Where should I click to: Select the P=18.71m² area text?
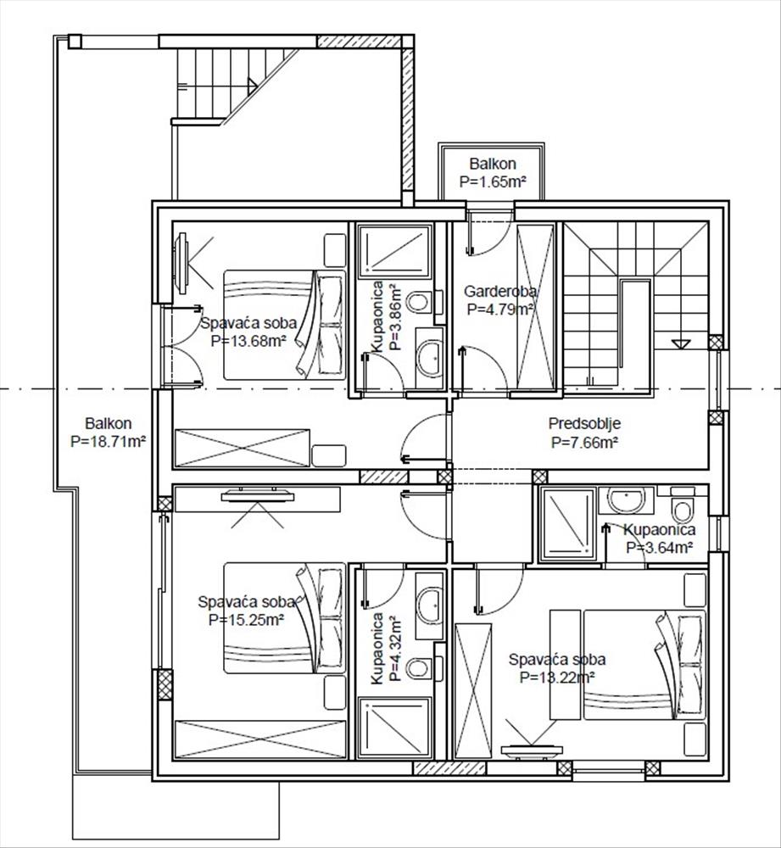click(x=109, y=442)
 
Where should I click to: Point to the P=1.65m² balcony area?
click(x=493, y=181)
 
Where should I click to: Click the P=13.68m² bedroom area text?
click(x=248, y=341)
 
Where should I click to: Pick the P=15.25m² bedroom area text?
click(x=246, y=620)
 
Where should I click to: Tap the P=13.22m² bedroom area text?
click(x=557, y=677)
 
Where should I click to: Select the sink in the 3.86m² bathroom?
click(x=430, y=358)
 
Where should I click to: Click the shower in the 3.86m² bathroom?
click(x=395, y=252)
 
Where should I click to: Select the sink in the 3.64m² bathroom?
click(x=627, y=499)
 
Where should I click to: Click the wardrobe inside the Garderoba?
click(x=536, y=307)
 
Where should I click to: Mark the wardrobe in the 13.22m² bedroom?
click(x=474, y=691)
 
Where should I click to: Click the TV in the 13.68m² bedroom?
click(x=182, y=264)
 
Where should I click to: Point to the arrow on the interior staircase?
click(x=680, y=343)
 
